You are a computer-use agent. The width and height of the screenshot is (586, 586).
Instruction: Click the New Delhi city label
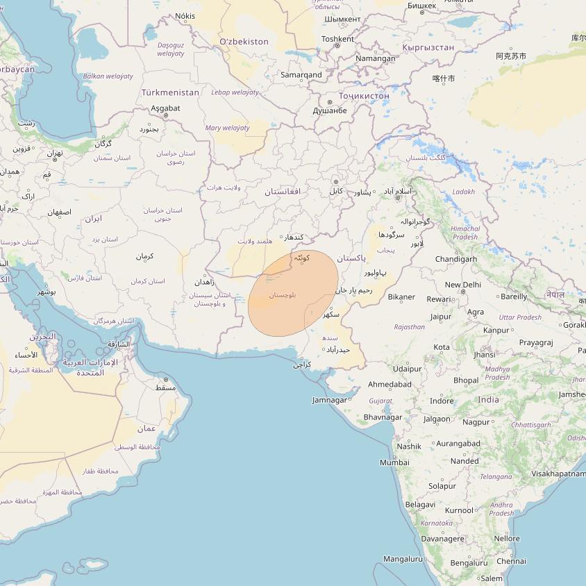pyautogui.click(x=462, y=285)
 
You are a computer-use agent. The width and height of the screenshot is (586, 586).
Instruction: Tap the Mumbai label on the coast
pyautogui.click(x=394, y=462)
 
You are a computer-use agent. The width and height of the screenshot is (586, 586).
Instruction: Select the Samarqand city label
pyautogui.click(x=301, y=74)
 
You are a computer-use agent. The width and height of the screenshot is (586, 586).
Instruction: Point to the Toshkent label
pyautogui.click(x=338, y=39)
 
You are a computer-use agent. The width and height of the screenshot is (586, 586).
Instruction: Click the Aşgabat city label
pyautogui.click(x=165, y=108)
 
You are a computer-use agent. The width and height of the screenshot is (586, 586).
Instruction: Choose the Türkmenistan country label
pyautogui.click(x=170, y=92)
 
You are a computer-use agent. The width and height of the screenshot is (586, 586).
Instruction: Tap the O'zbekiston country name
pyautogui.click(x=244, y=42)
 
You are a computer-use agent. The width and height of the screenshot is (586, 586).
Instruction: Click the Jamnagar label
pyautogui.click(x=329, y=400)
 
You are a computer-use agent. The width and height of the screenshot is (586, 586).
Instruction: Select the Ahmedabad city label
pyautogui.click(x=390, y=384)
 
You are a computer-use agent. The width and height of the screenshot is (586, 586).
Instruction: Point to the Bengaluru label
pyautogui.click(x=469, y=563)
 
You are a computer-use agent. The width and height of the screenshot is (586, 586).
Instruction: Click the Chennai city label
pyautogui.click(x=511, y=561)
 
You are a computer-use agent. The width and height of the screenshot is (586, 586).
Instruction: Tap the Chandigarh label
pyautogui.click(x=455, y=259)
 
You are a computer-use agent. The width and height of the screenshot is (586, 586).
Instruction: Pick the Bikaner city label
pyautogui.click(x=401, y=297)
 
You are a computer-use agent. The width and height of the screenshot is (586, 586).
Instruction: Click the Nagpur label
pyautogui.click(x=476, y=422)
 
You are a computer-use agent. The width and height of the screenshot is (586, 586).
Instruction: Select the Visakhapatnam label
pyautogui.click(x=558, y=474)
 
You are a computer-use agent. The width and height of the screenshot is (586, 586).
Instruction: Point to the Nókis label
pyautogui.click(x=185, y=16)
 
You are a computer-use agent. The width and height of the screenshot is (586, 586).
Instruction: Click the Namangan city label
pyautogui.click(x=375, y=59)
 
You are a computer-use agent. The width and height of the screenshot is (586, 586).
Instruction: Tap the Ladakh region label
pyautogui.click(x=463, y=192)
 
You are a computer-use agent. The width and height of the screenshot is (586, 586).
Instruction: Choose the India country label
pyautogui.click(x=488, y=400)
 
